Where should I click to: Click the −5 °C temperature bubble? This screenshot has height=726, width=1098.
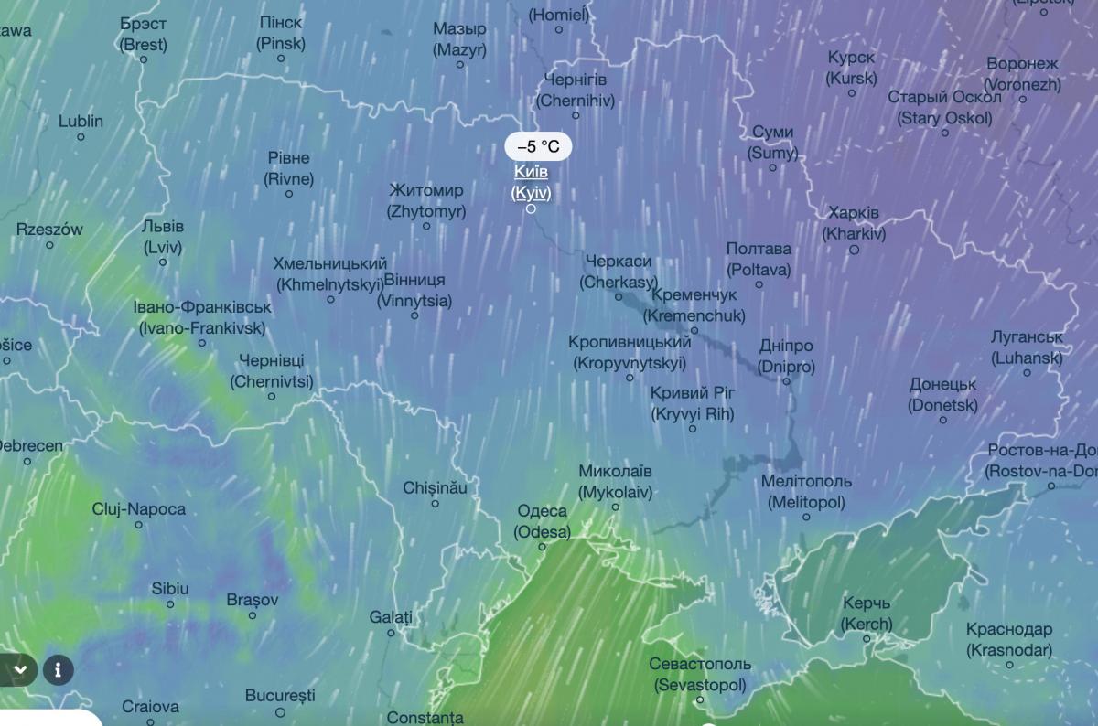click(538, 146)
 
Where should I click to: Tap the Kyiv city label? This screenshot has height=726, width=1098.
click(531, 182)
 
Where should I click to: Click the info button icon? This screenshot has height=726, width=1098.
click(58, 669)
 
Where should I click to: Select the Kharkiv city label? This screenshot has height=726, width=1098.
click(854, 223)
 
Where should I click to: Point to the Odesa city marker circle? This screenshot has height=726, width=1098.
click(542, 547)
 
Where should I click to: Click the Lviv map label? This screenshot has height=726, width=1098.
click(163, 237)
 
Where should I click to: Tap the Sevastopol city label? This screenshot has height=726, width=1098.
click(700, 674)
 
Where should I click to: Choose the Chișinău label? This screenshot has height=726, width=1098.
click(435, 488)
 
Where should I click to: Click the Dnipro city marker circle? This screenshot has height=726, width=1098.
click(785, 381)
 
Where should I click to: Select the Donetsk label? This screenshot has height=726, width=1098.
click(942, 395)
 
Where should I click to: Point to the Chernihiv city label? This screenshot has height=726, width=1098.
click(576, 91)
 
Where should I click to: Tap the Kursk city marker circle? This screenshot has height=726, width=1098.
click(851, 92)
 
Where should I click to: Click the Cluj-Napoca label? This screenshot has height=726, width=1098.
click(139, 509)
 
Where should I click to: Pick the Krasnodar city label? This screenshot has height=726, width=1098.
click(1009, 640)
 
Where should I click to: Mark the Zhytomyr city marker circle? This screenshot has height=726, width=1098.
click(426, 226)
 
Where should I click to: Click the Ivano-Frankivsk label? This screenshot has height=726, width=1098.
click(202, 317)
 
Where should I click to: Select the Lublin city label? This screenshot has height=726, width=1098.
click(81, 121)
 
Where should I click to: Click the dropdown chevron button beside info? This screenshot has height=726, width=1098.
click(19, 669)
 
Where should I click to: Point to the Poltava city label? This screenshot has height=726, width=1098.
click(759, 259)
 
